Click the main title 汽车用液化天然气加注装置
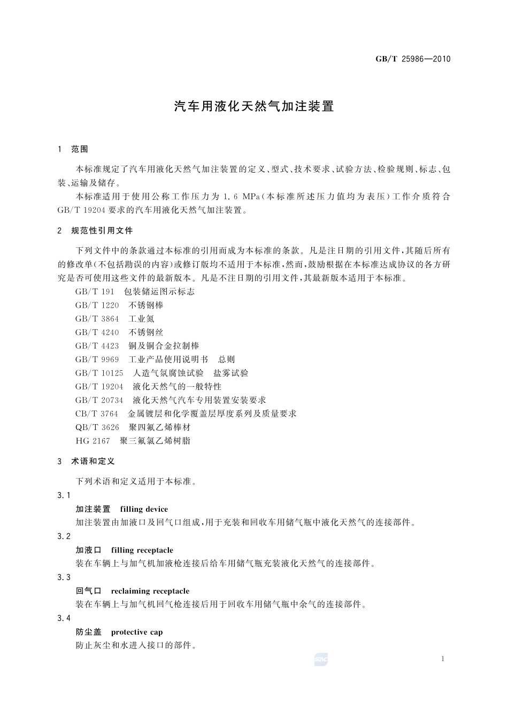click(x=254, y=106)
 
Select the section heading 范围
click(x=80, y=149)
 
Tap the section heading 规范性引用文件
click(x=102, y=231)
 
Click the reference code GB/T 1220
click(x=97, y=305)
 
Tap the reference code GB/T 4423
click(x=97, y=346)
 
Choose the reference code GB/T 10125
click(x=99, y=373)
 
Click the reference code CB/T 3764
click(x=97, y=413)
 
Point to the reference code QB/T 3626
click(x=97, y=427)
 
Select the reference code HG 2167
click(x=93, y=441)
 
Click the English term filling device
click(x=144, y=509)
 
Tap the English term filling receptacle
click(x=142, y=550)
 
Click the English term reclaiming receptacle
click(x=150, y=591)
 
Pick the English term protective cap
click(x=137, y=633)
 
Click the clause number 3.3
click(x=64, y=577)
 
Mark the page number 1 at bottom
click(x=443, y=659)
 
